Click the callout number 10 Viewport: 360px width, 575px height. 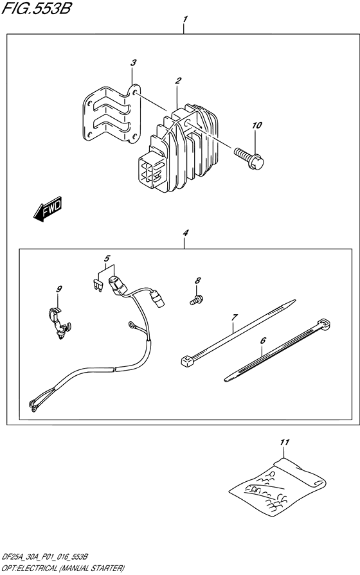coord(257,126)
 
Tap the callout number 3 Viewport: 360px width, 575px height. coord(133,63)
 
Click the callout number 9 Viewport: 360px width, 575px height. coord(59,290)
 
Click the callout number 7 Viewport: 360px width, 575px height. coord(235,317)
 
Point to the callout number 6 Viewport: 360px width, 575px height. coord(262,342)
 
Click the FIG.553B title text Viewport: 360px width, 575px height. coord(38,10)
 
